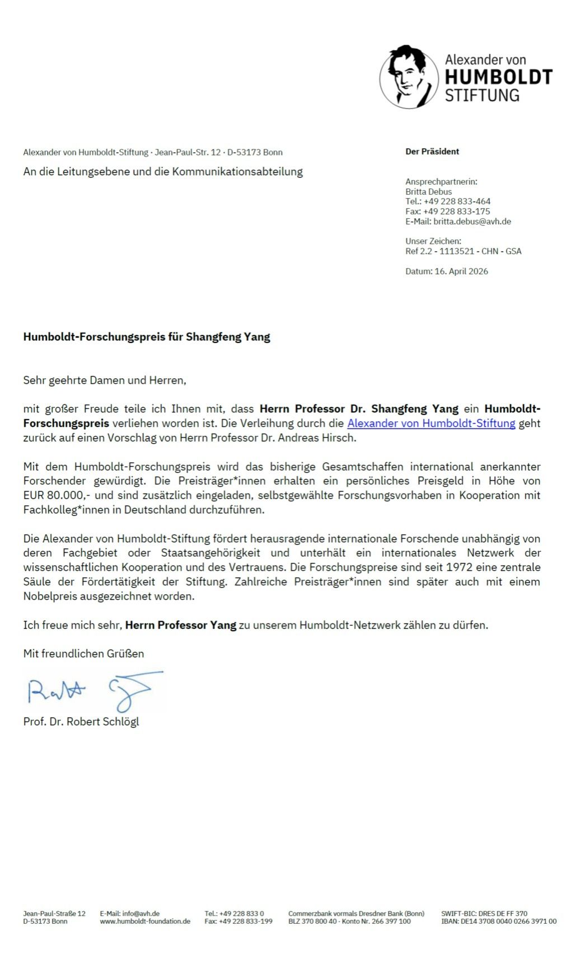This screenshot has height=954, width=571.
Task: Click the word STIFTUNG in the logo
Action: pos(482,95)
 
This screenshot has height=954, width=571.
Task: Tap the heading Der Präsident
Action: pos(432,152)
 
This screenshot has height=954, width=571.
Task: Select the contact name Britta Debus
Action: pos(428,191)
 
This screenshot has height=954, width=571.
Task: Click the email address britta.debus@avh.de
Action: pos(472,222)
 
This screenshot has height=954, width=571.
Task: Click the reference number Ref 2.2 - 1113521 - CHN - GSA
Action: pos(463,251)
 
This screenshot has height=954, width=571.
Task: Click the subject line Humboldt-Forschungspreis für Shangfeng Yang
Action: pos(147,337)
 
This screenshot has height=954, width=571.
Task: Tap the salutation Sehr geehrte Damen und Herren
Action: pos(104,380)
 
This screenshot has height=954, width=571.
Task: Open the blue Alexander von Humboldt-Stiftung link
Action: pos(431,424)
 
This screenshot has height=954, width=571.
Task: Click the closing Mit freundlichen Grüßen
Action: pos(83,654)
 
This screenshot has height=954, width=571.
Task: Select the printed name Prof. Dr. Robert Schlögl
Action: pos(81,722)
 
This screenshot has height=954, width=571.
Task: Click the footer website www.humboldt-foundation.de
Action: pos(145,922)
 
